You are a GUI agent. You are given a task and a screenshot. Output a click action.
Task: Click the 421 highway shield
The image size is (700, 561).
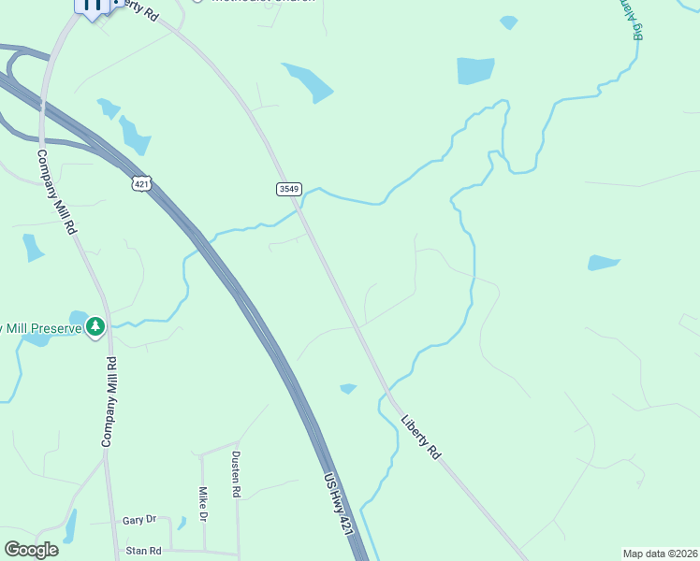tap(141, 184)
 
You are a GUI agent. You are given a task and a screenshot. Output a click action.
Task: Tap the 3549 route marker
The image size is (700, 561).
tap(288, 189)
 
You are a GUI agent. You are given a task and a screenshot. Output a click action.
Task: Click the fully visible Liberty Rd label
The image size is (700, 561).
tap(420, 436)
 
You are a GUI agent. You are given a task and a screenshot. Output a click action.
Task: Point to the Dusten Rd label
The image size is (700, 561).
tap(236, 474)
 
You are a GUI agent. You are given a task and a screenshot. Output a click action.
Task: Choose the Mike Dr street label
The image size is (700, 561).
tap(202, 504)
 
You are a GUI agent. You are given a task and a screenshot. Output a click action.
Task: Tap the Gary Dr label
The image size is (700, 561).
tap(139, 520)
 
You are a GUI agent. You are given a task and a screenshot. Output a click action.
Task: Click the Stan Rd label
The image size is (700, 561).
tap(143, 551)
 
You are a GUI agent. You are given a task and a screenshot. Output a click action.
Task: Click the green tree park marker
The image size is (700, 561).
tap(95, 326)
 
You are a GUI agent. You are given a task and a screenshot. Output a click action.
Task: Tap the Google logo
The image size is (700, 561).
tap(31, 550)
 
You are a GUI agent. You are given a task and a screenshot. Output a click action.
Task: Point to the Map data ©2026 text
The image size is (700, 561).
tap(660, 554)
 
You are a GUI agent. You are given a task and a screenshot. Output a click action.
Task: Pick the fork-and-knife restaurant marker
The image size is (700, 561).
tap(92, 6)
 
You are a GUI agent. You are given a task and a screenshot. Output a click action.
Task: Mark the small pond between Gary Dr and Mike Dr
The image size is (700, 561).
tap(182, 523)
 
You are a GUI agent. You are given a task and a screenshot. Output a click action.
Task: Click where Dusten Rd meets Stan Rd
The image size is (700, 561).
tap(238, 552)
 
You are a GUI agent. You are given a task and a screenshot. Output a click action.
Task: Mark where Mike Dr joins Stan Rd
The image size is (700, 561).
tap(205, 551)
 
